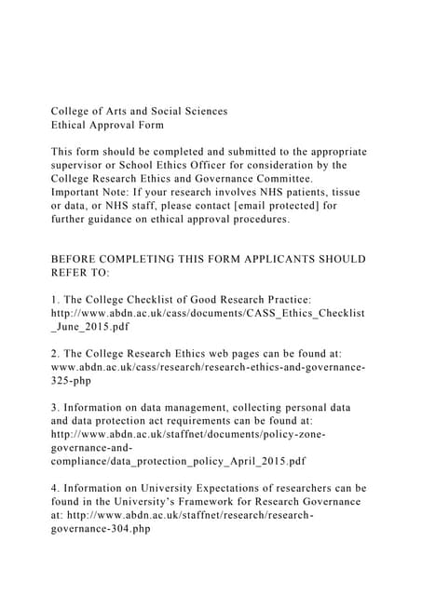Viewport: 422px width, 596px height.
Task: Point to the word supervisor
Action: click(81, 165)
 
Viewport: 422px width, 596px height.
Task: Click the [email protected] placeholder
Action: click(275, 206)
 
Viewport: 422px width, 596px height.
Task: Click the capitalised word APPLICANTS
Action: click(267, 259)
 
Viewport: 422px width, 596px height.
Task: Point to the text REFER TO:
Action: click(80, 274)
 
